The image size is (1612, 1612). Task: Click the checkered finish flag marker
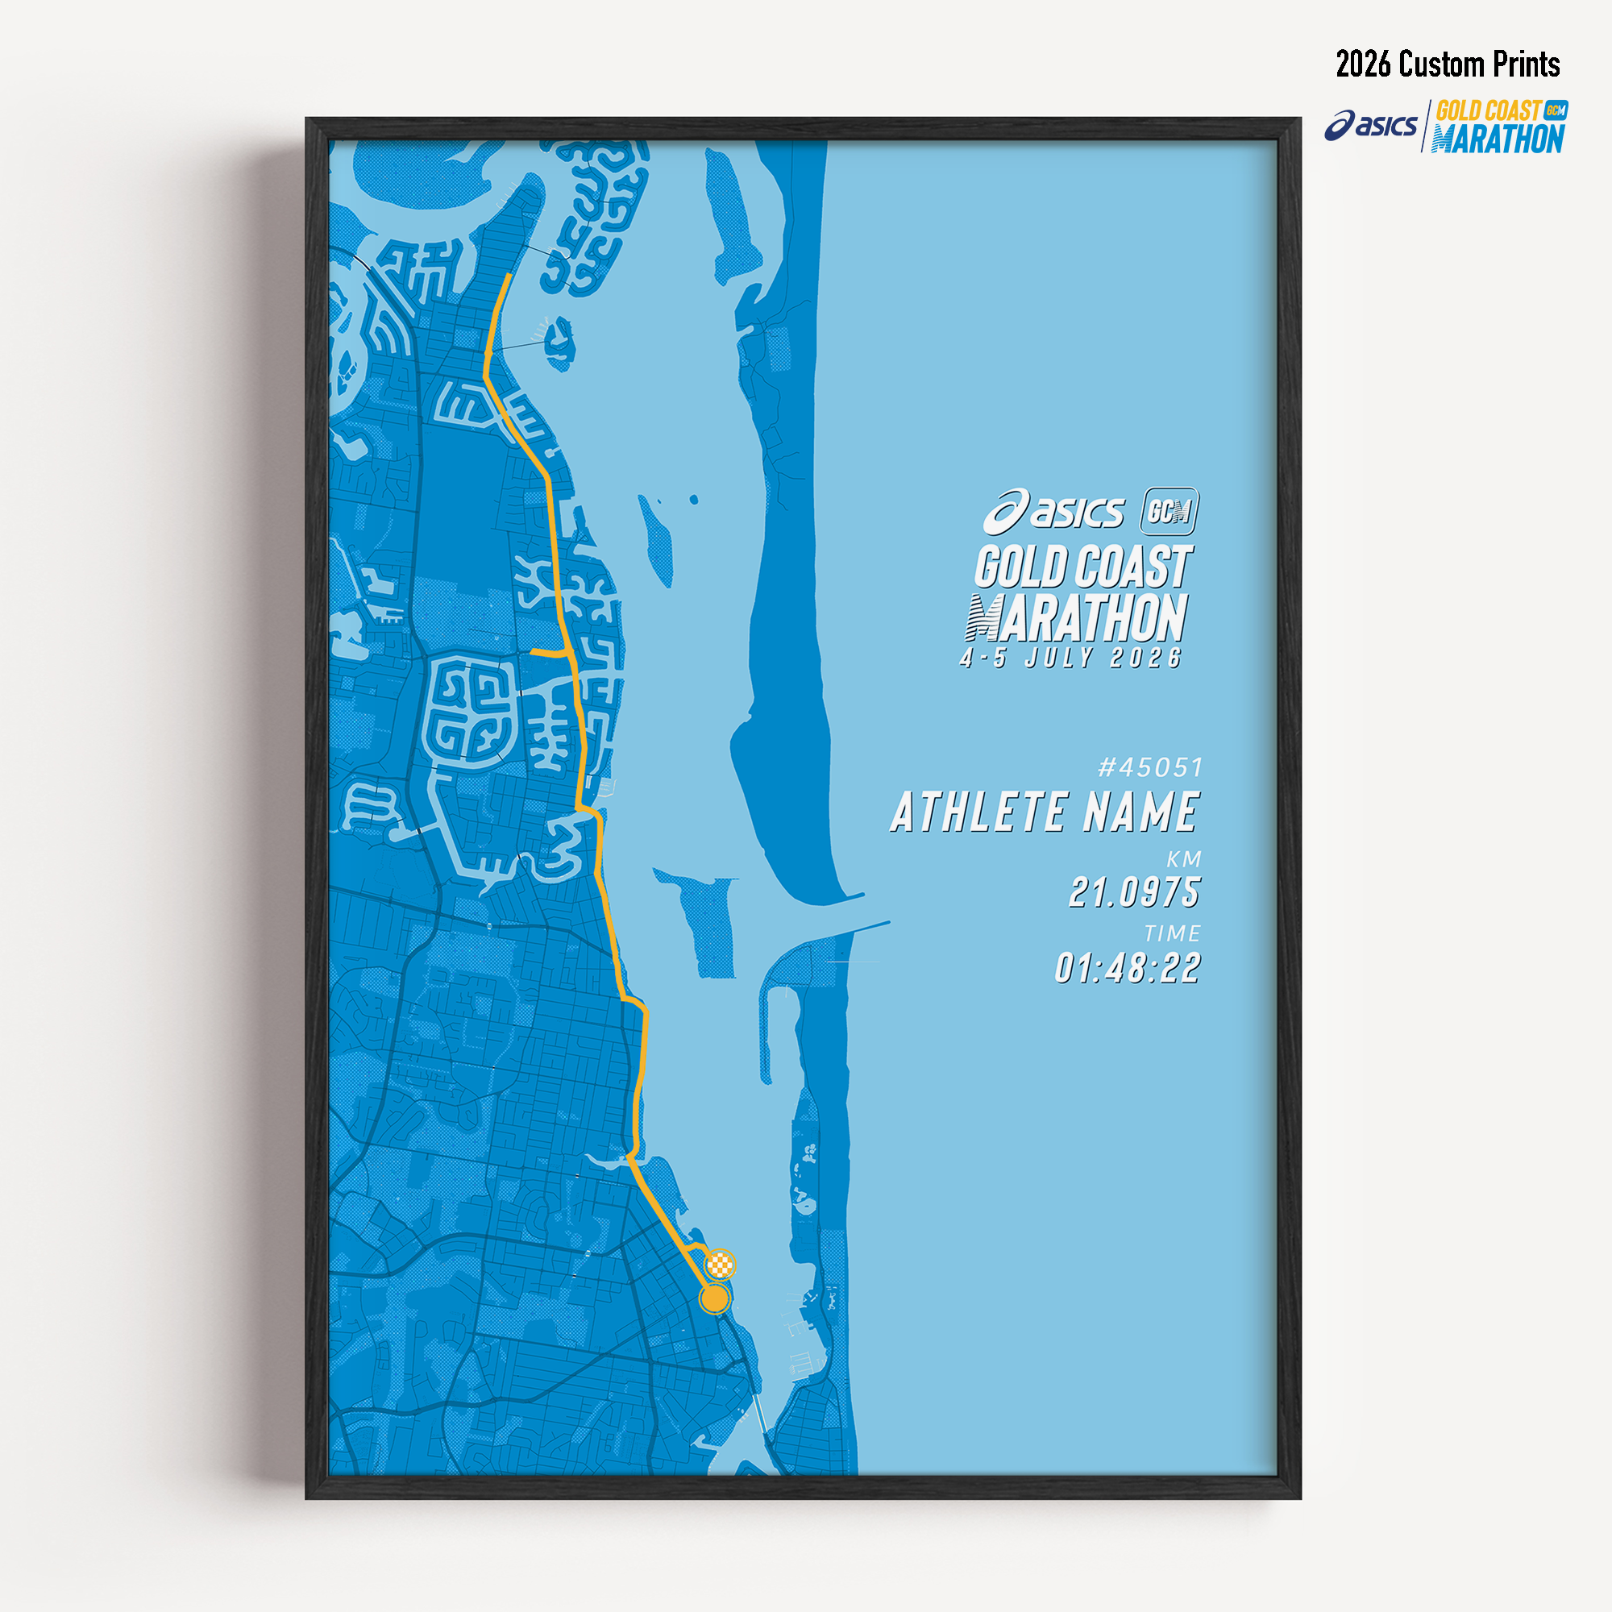[x=720, y=1265]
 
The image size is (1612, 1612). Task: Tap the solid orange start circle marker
[x=714, y=1298]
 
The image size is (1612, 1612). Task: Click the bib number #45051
[x=1151, y=767]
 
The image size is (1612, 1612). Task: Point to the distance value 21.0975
[x=1134, y=892]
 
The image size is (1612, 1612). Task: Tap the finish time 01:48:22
[x=1128, y=969]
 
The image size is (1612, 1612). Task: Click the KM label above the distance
[x=1183, y=859]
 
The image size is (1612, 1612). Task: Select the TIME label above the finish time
[x=1172, y=933]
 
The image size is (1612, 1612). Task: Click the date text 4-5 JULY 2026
[x=1071, y=659]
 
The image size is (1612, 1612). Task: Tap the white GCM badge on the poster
[x=1169, y=511]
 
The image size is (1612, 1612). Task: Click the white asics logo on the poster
[x=1053, y=512]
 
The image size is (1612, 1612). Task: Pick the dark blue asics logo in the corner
[x=1370, y=126]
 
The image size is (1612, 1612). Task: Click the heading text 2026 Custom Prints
[x=1448, y=64]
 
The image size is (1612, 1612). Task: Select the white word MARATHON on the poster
[x=1076, y=618]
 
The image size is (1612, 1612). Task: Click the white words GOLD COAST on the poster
[x=1084, y=567]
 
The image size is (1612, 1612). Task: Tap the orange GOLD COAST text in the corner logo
[x=1488, y=111]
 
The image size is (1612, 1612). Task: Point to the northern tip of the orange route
[x=508, y=276]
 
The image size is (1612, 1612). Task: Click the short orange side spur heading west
[x=547, y=654]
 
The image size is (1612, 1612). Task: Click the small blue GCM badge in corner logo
[x=1556, y=110]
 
